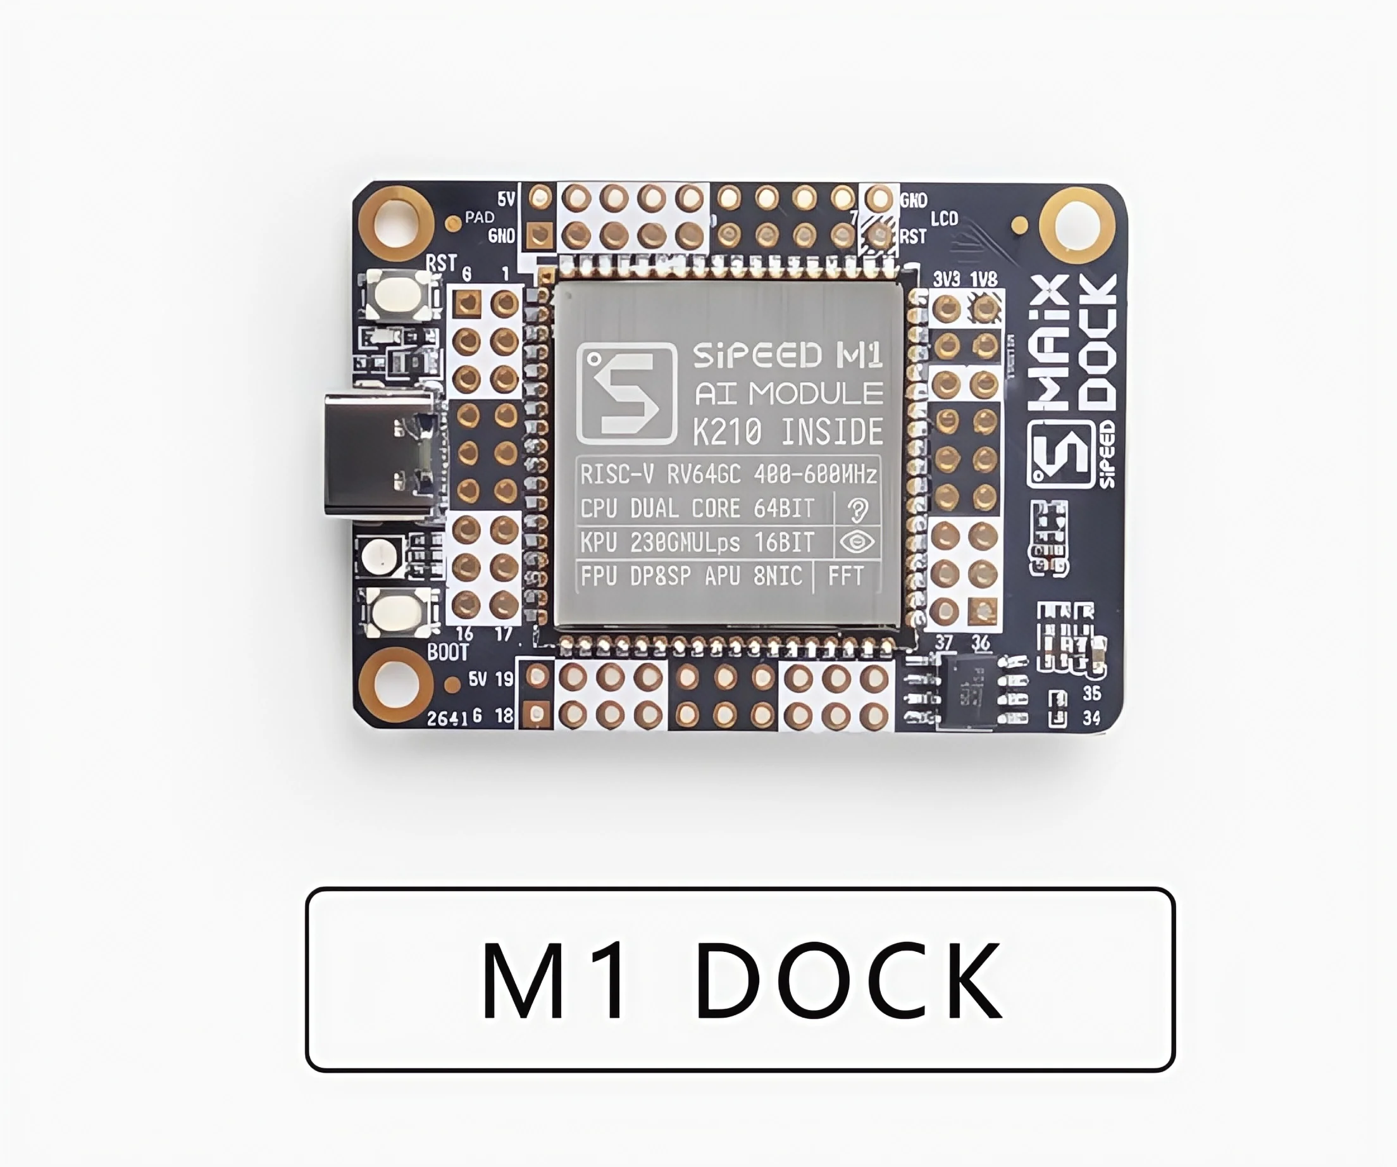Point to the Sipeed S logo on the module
click(626, 392)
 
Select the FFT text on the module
click(845, 575)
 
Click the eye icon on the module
click(857, 542)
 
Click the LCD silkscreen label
click(944, 218)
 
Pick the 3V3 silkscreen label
click(946, 278)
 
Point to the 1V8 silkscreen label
click(983, 278)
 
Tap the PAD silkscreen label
click(479, 217)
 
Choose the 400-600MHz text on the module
click(815, 475)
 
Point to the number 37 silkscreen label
click(944, 642)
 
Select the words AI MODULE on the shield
click(788, 394)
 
